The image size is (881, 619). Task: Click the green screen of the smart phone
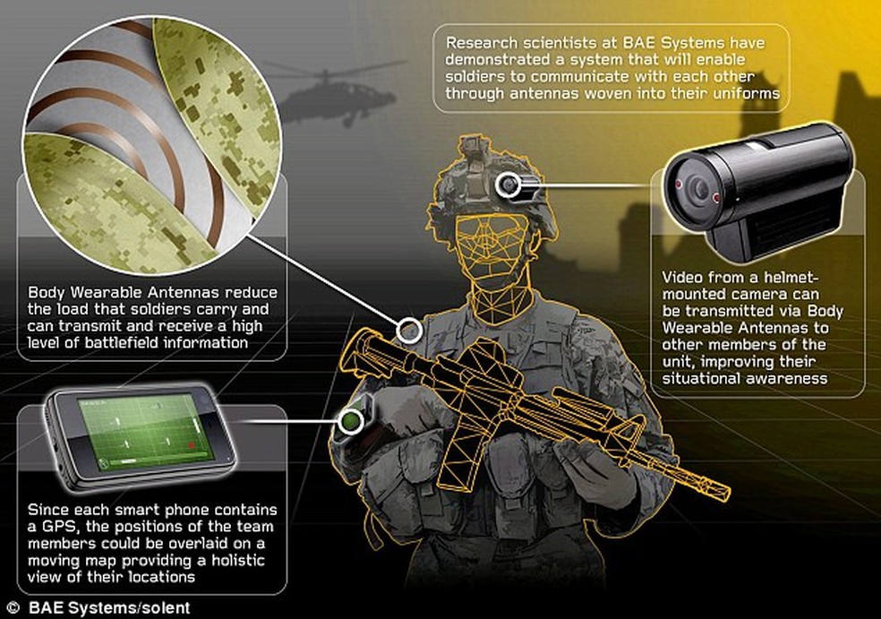145,431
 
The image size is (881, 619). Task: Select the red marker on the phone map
191,445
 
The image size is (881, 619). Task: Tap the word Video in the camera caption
682,278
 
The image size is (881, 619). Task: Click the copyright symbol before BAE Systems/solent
14,607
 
